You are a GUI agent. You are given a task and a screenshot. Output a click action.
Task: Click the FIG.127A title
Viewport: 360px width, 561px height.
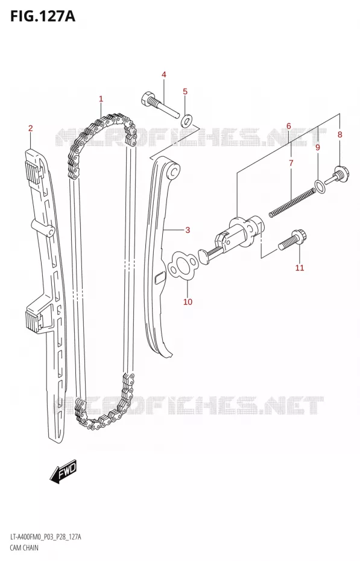(43, 16)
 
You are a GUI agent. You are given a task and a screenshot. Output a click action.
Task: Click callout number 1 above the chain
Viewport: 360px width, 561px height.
(101, 99)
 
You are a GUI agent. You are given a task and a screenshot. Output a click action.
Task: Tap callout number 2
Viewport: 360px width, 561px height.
(30, 128)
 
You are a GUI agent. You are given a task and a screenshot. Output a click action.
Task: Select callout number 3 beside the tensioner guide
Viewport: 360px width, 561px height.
(188, 230)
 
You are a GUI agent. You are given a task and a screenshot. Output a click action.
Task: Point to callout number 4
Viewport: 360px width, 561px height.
(164, 74)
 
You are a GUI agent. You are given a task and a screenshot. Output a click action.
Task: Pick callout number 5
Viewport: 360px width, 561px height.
(185, 92)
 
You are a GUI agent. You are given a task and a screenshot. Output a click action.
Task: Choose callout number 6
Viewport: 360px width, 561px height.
(288, 126)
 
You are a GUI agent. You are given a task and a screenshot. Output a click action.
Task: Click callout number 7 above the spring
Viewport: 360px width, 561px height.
(291, 163)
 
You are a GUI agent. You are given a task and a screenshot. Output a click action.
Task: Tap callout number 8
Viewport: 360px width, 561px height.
(339, 135)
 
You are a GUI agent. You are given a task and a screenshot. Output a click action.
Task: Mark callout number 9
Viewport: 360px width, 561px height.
(317, 147)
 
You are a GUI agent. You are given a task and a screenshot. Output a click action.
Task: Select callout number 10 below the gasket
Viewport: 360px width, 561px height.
(188, 302)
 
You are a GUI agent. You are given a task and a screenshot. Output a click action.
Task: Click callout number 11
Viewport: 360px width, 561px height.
(300, 268)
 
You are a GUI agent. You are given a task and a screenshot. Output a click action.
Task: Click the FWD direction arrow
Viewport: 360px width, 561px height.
(63, 471)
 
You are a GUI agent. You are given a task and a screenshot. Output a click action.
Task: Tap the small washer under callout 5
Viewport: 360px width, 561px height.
(186, 121)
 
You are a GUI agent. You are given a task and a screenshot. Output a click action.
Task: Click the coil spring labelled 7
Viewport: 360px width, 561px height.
(292, 203)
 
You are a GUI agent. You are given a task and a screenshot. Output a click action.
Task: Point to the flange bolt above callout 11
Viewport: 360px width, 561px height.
(292, 239)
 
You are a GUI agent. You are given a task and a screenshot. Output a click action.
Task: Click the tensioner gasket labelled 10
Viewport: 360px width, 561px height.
(182, 266)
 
